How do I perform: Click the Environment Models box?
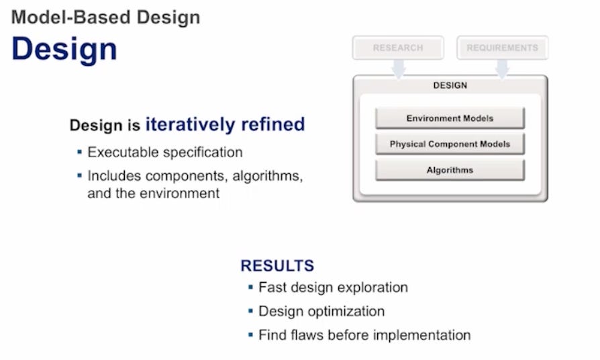pos(450,118)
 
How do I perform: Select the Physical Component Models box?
pos(450,144)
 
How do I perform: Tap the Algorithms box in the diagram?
pos(450,170)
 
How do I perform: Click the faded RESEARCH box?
pos(398,48)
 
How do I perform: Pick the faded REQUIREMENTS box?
pos(502,48)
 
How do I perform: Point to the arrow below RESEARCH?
pos(399,68)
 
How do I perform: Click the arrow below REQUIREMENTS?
pos(502,68)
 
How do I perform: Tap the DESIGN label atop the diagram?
pos(450,85)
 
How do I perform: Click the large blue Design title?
pos(64,49)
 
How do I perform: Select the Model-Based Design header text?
pos(105,17)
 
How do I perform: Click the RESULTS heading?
pos(277,265)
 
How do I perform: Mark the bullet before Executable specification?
pos(80,152)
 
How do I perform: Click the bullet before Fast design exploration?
pos(250,287)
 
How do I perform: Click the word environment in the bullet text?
pos(183,193)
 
